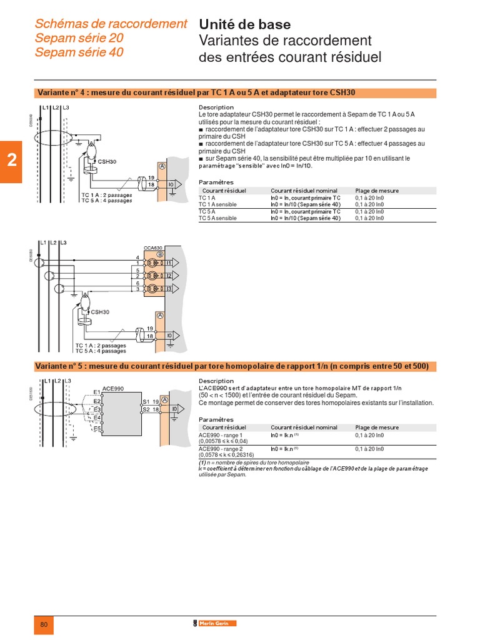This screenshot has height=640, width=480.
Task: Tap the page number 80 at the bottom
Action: pos(43,625)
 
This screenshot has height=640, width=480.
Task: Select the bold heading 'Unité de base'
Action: pos(244,25)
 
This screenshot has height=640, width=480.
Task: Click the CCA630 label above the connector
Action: pos(152,248)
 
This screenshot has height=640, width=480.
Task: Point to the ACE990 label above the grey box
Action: pos(112,388)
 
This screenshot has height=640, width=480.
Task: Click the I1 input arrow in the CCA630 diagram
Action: pos(171,263)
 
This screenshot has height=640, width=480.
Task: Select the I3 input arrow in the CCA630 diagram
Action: pos(171,288)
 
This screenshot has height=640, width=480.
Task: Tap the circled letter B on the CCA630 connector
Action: pos(159,254)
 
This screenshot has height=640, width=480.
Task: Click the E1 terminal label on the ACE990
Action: pos(96,392)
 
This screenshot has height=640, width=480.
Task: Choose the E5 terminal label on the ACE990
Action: pos(96,429)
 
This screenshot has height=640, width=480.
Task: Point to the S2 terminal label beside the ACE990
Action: pos(145,409)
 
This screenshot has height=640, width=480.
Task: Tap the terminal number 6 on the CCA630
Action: pos(137,283)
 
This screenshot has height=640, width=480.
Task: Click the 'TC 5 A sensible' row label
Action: pos(217,218)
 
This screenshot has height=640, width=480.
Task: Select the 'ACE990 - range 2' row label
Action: pos(220,448)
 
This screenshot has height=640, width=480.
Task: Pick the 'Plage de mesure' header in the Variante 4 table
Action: pos(377,191)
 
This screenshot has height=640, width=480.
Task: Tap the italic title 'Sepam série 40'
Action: pos(79,52)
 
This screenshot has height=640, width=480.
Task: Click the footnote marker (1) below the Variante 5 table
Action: pos(202,463)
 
